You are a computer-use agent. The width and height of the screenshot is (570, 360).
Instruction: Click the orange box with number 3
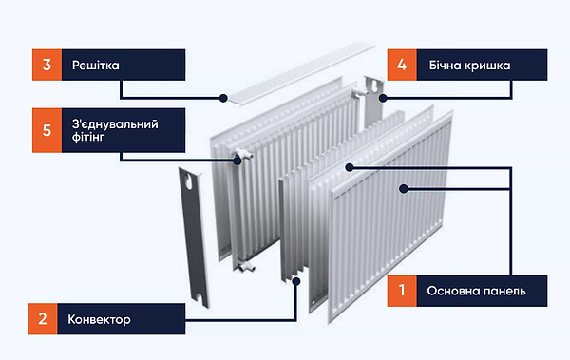(x=47, y=66)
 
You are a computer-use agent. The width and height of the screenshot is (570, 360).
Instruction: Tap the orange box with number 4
(x=402, y=66)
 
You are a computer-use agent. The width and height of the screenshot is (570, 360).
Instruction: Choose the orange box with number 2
(x=42, y=319)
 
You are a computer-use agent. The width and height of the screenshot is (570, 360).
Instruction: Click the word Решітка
(x=97, y=66)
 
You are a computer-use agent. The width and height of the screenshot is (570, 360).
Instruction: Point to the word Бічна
(x=446, y=66)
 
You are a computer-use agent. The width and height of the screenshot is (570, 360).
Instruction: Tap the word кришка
(x=490, y=66)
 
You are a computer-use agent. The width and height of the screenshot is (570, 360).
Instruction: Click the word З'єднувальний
(x=115, y=123)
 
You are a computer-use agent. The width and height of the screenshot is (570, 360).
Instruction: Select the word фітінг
(x=90, y=140)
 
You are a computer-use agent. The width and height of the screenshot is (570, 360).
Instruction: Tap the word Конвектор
(x=100, y=319)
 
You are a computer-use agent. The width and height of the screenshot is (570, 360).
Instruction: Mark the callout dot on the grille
(x=223, y=97)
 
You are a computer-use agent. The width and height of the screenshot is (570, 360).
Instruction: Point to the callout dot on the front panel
(x=403, y=189)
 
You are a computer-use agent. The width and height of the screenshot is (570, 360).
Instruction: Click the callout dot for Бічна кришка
(x=381, y=96)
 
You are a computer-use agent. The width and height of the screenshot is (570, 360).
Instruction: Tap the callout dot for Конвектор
(x=298, y=279)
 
